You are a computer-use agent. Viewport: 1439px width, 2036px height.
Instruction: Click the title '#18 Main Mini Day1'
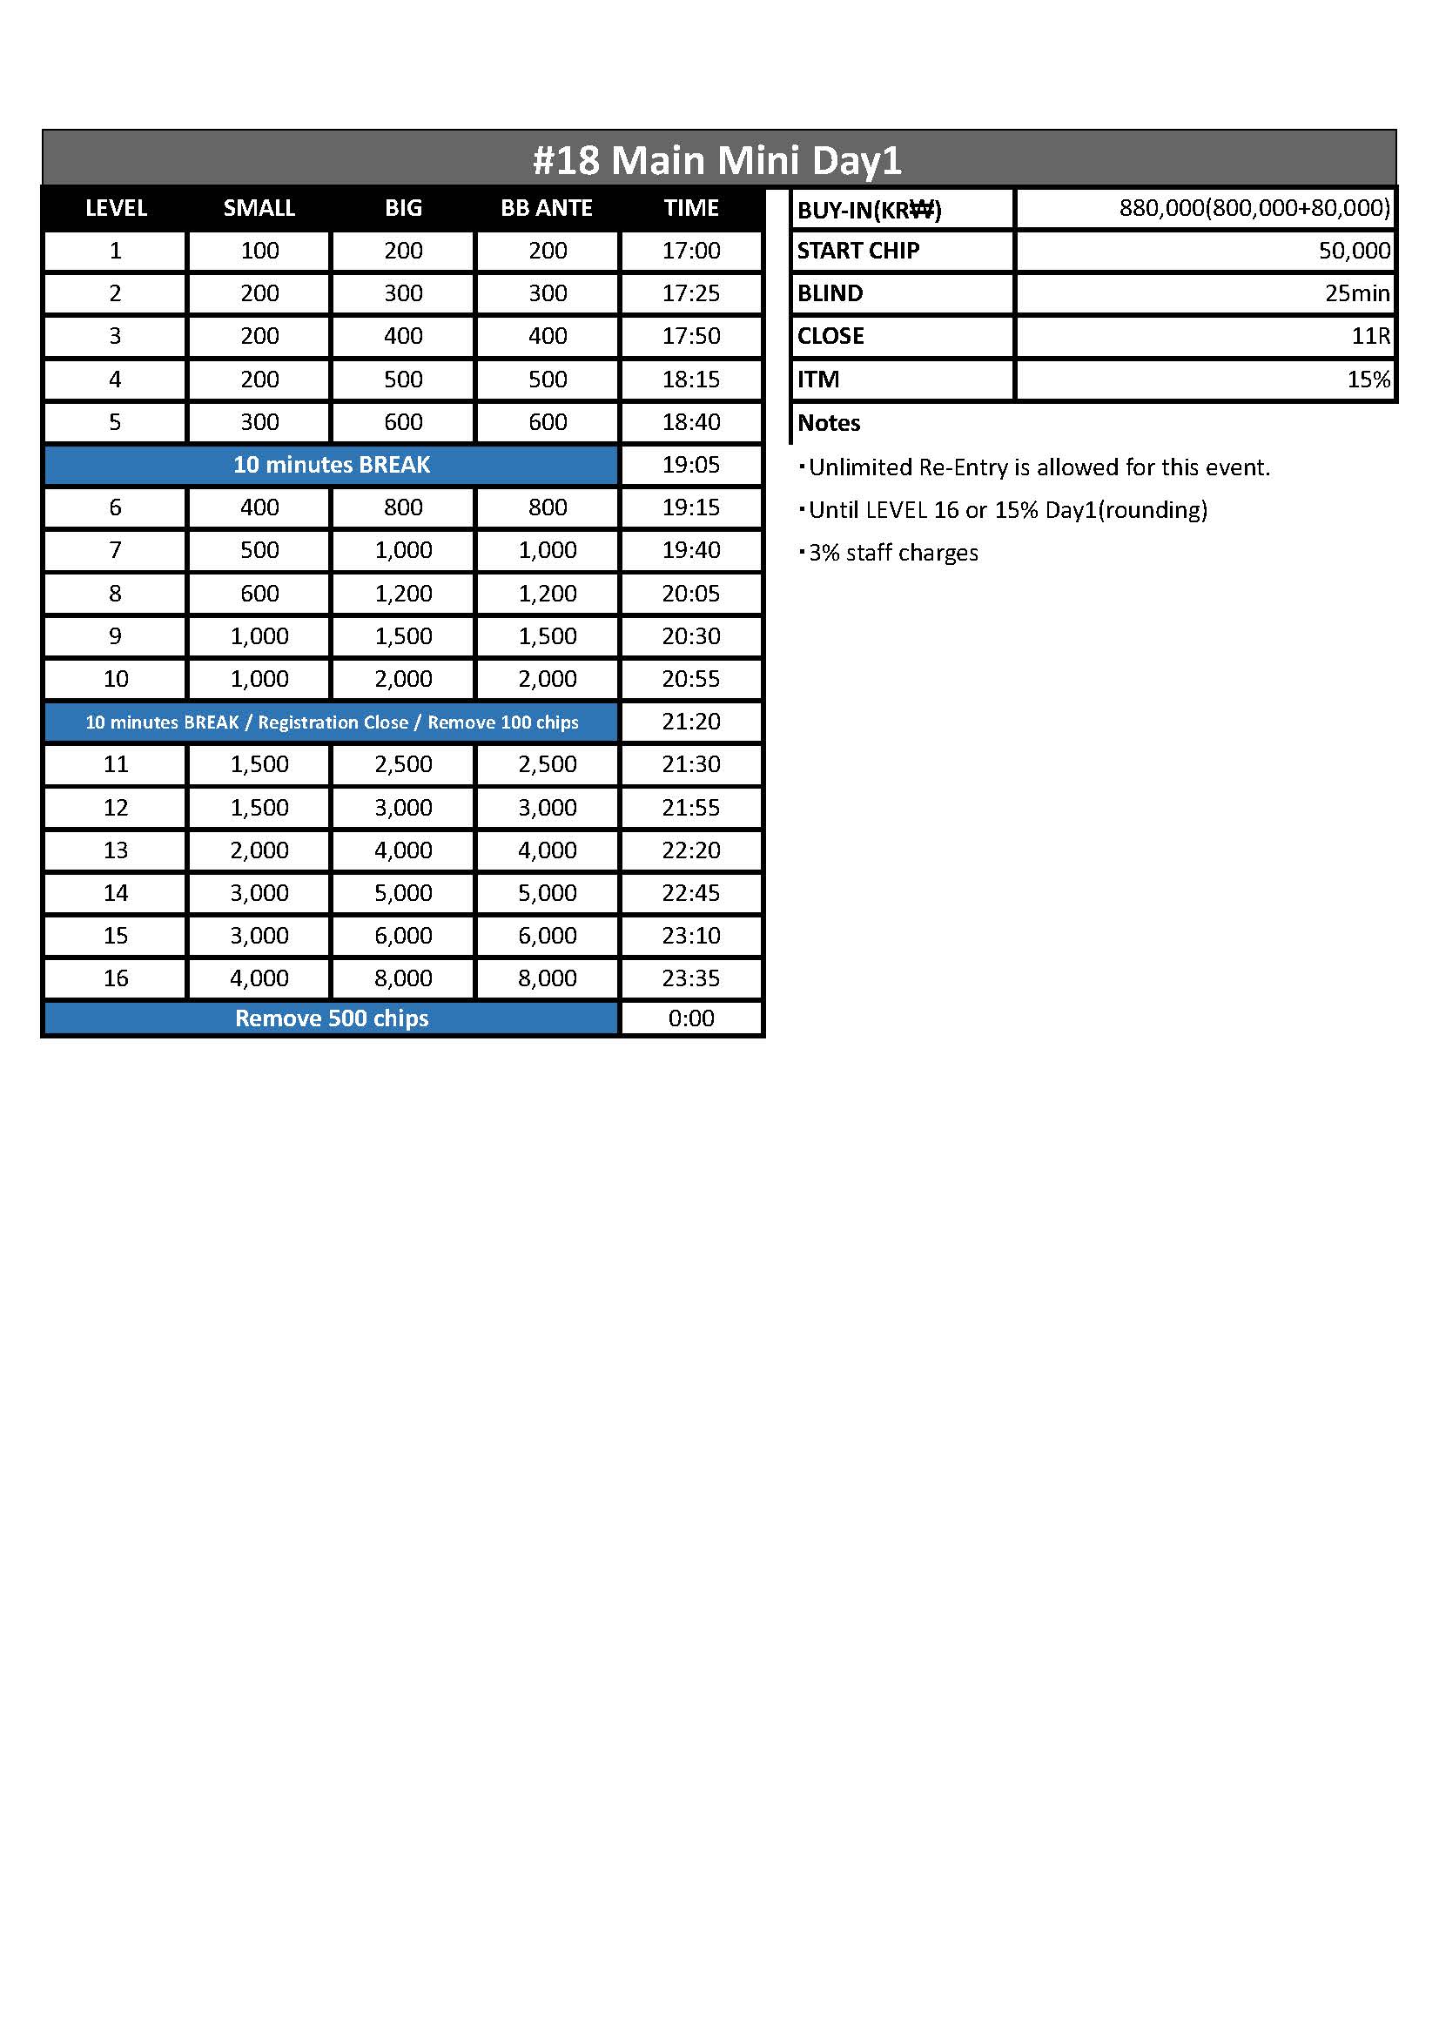[717, 160]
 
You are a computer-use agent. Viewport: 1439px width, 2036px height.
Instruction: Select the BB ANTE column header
[546, 208]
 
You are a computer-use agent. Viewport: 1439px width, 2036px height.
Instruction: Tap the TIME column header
[690, 208]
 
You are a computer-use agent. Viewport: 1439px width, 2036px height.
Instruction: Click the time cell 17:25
[690, 293]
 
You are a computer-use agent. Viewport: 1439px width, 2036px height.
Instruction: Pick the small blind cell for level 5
[259, 422]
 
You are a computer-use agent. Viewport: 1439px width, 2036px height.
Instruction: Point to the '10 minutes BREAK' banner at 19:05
[331, 465]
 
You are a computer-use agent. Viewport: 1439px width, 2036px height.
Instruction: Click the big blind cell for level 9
[402, 636]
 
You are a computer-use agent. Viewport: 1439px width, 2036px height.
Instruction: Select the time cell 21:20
[690, 722]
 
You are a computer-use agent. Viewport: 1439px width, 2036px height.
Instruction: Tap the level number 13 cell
[115, 850]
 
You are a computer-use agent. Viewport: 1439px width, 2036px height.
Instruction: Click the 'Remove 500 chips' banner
[331, 1018]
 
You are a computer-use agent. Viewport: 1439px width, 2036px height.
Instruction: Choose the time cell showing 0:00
[690, 1018]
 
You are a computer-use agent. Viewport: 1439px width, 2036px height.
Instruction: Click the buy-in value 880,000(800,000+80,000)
[1254, 208]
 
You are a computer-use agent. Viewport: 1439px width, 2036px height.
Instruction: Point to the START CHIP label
[857, 251]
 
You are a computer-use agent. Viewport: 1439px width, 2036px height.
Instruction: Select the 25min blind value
[1356, 293]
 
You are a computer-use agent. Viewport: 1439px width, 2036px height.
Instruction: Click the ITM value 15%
[1368, 380]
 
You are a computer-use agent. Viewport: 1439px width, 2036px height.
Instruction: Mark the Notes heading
[828, 423]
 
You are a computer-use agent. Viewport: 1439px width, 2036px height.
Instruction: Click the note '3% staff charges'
[893, 554]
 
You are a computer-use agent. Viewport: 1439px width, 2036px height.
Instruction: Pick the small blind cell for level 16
[259, 978]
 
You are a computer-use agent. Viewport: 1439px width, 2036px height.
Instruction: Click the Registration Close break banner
[331, 722]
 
